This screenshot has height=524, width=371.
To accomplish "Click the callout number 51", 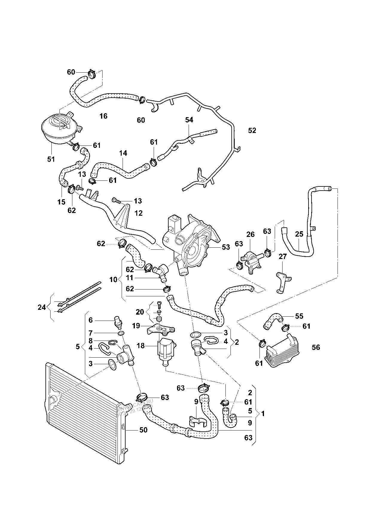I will [51, 159].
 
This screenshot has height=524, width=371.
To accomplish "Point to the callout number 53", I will [226, 247].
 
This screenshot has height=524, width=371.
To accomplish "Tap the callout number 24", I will [42, 307].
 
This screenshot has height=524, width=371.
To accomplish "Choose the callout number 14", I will [123, 153].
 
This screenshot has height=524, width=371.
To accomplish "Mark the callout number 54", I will [189, 120].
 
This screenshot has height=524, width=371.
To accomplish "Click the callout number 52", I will [252, 131].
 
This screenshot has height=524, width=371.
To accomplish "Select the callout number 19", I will [136, 326].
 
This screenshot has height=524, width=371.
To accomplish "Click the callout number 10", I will [113, 280].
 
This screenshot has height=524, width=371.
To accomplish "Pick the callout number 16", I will [103, 116].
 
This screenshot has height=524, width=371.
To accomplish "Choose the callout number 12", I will [138, 213].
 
